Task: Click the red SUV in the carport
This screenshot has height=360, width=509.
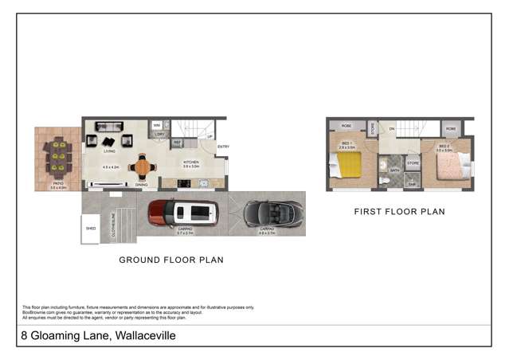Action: pos(183,212)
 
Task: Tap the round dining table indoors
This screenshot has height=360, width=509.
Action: pos(142,167)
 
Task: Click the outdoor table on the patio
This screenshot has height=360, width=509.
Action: pos(57,157)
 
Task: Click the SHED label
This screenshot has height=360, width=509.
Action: pos(92,228)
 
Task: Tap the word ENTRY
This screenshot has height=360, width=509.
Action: pos(223,147)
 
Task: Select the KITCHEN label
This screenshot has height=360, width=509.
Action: pos(190,162)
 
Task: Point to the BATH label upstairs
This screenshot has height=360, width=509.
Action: pos(395,170)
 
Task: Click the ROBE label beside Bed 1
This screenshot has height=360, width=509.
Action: pos(347,127)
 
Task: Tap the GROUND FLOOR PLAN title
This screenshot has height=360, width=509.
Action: pos(170,260)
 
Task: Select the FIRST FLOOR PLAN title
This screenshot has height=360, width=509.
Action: pos(399,212)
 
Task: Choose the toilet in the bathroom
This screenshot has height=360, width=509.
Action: pos(384,181)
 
